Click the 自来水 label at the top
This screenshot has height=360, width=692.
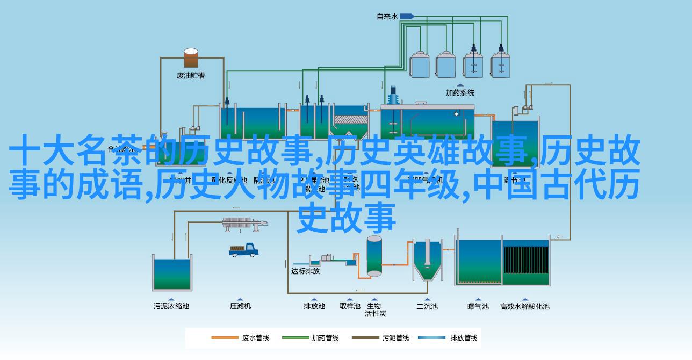(387, 17)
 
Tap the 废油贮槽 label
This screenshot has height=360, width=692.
(191, 75)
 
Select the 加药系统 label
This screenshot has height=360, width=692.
(460, 92)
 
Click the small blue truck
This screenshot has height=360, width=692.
(244, 250)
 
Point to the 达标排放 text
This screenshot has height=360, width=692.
(305, 271)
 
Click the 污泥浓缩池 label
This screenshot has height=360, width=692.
(171, 306)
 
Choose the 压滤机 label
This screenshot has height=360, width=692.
(240, 306)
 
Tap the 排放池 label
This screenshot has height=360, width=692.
(314, 306)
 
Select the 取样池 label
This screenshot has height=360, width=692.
(350, 306)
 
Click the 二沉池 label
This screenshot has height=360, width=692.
(427, 306)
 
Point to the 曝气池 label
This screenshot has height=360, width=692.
(478, 306)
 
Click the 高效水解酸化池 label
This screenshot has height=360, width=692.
(525, 306)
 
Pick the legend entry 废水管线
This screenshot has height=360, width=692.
(256, 338)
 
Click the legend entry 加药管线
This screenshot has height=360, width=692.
(326, 338)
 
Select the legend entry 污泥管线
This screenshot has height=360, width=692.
(396, 338)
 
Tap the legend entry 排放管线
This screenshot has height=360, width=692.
(464, 338)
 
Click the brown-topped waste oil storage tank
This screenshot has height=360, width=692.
(191, 58)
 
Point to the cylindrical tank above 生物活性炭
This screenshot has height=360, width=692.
(374, 257)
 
